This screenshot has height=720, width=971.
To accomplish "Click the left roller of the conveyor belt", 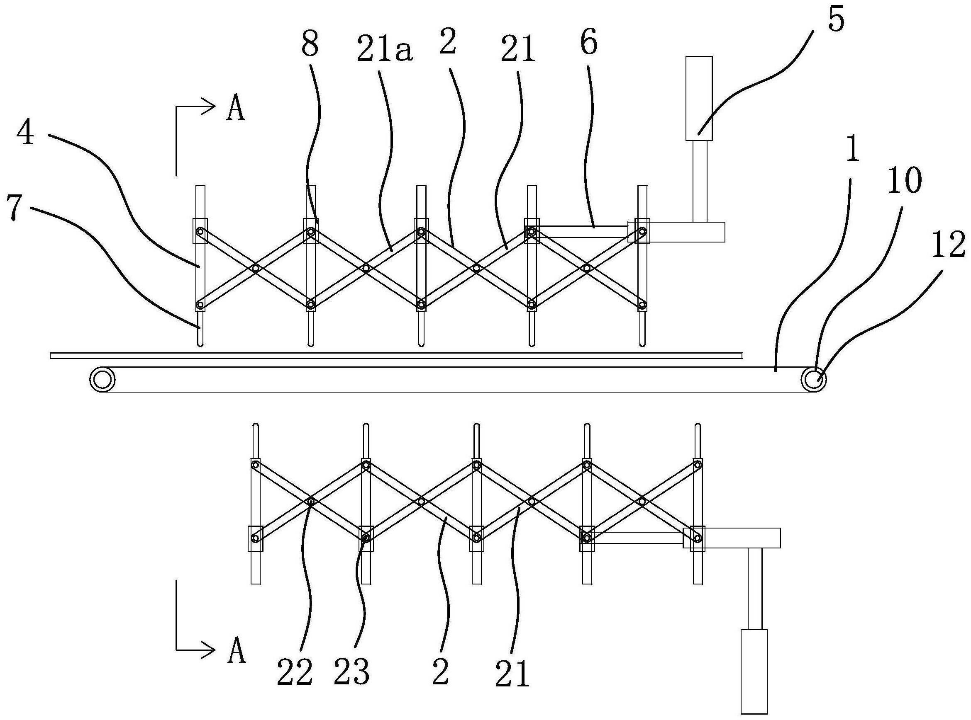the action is [x=102, y=379].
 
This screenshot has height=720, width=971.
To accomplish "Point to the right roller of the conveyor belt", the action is [x=812, y=379].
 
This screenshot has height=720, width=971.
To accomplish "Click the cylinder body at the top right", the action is [x=699, y=99].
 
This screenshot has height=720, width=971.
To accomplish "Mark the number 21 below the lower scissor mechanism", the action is [x=513, y=673].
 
